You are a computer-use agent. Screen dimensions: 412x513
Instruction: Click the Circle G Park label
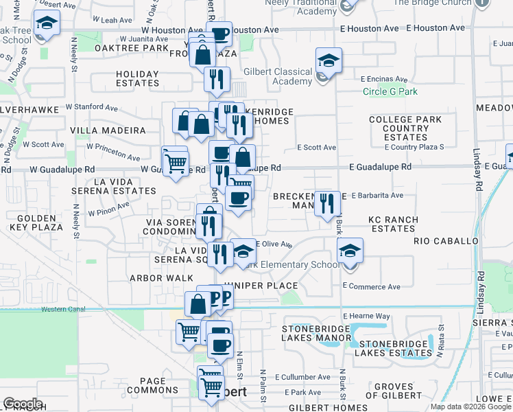click(390, 91)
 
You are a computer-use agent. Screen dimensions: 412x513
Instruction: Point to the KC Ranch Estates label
click(392, 224)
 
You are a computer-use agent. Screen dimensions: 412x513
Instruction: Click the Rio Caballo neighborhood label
click(446, 242)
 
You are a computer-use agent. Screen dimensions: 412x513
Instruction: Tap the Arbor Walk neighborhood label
click(154, 279)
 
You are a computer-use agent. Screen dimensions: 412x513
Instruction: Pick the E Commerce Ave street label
click(371, 286)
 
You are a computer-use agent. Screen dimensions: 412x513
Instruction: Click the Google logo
click(22, 404)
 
